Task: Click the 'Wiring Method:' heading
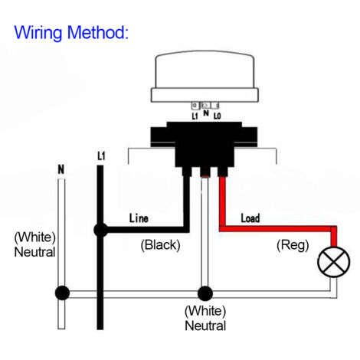point(71,32)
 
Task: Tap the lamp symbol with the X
point(334,262)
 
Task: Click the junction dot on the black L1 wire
point(100,230)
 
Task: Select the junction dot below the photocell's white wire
point(205,293)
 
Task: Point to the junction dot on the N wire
point(62,293)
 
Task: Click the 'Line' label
point(139,218)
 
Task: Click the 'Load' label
point(250,218)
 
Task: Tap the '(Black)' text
point(160,245)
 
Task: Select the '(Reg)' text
point(293,245)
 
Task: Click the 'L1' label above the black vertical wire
point(101,156)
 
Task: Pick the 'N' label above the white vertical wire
point(61,169)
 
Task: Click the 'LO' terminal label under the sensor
point(217,116)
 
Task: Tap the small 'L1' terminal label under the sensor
point(195,116)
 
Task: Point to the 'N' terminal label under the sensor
point(206,113)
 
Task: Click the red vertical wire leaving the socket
point(222,201)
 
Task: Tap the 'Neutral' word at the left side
point(34,252)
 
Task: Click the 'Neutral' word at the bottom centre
point(205,326)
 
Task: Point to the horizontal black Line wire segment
point(145,230)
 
